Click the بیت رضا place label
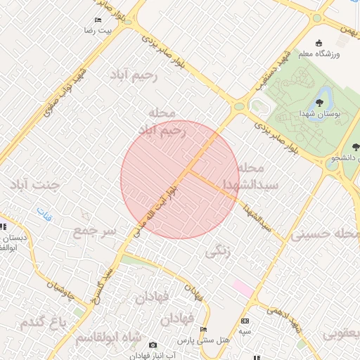pyautogui.click(x=94, y=32)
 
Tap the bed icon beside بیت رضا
pyautogui.click(x=97, y=20)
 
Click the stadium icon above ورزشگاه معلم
pyautogui.click(x=319, y=42)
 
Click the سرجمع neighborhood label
pyautogui.click(x=93, y=231)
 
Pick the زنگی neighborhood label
pyautogui.click(x=219, y=251)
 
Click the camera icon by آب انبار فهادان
pyautogui.click(x=153, y=345)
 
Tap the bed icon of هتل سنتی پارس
pyautogui.click(x=204, y=330)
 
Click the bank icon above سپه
pyautogui.click(x=244, y=321)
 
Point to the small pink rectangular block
pyautogui.click(x=243, y=288)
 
